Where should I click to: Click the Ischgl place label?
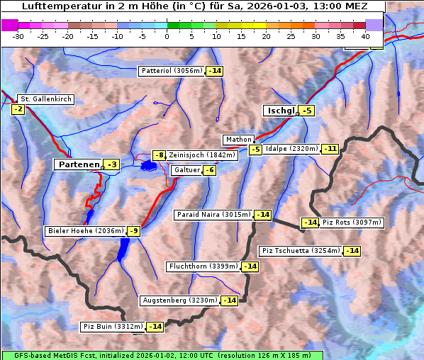tap(280, 111)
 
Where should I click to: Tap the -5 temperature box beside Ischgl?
tap(306, 111)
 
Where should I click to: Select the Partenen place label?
tap(78, 164)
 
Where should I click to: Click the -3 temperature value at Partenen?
tap(111, 164)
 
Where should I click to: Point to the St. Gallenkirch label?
tap(46, 99)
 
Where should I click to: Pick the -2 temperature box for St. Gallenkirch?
tap(18, 109)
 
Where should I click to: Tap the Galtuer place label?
tap(186, 170)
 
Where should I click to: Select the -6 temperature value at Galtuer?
tap(209, 170)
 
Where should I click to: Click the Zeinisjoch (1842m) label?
tap(202, 155)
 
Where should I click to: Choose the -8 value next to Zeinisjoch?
tap(159, 155)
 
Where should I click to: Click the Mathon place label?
tap(239, 140)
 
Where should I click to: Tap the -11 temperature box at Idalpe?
tap(330, 149)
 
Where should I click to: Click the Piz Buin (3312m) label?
tap(113, 327)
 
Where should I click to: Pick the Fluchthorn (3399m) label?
tap(203, 266)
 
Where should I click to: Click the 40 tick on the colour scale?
tap(365, 35)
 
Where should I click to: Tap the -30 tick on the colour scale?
tap(18, 35)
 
